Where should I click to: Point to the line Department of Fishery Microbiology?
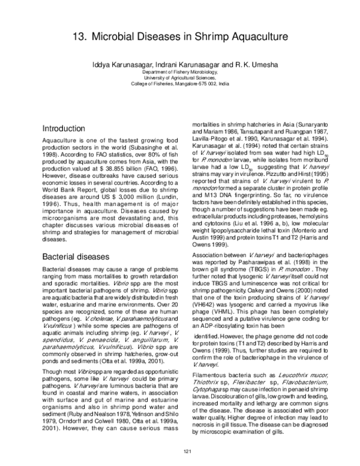coord(180,71)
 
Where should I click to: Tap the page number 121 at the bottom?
coord(180,452)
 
